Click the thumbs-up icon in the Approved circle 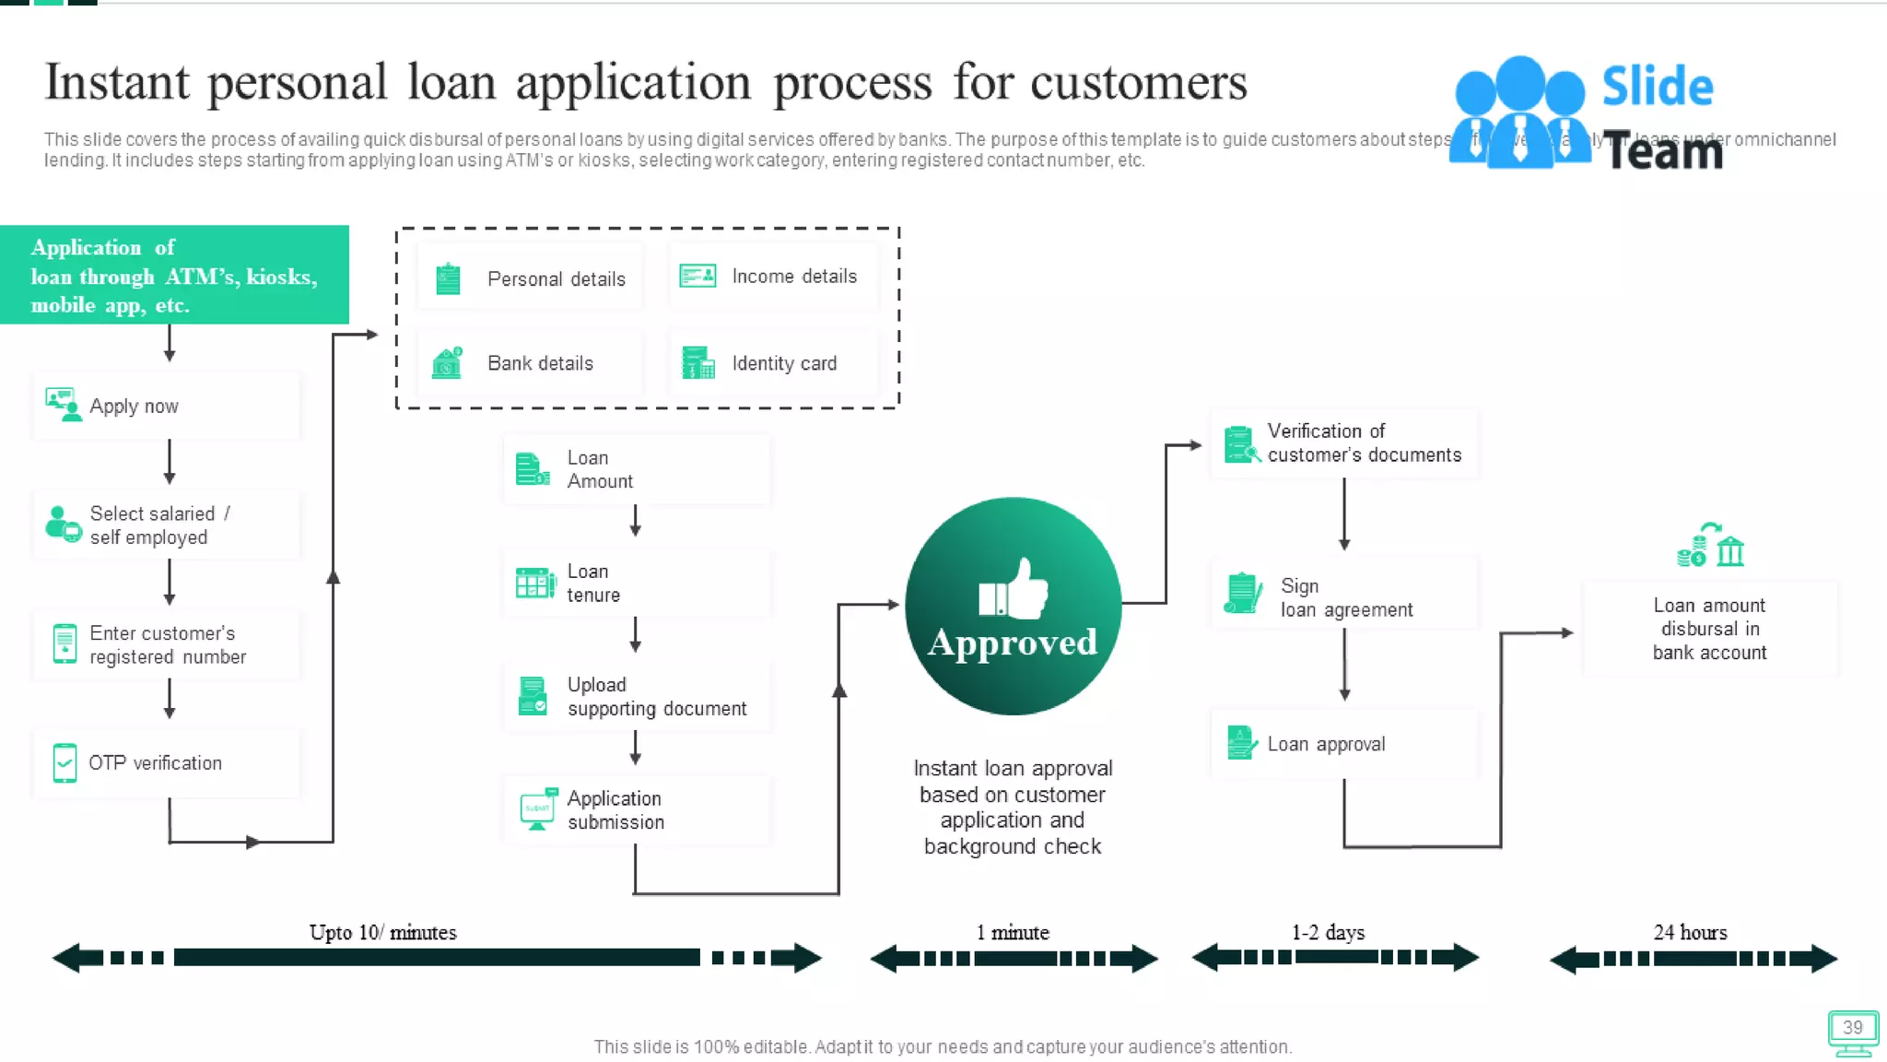tap(1014, 589)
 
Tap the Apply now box tap(167, 406)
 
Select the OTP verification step tap(167, 763)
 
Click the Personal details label tap(556, 278)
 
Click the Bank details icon tap(448, 363)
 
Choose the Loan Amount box tap(636, 470)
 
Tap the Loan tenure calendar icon tap(535, 583)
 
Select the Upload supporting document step tap(636, 697)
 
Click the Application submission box tap(636, 810)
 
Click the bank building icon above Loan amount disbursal tap(1730, 551)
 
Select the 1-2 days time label tap(1328, 932)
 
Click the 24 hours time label tap(1690, 932)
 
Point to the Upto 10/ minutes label tap(382, 932)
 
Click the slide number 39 tap(1852, 1027)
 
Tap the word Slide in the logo tap(1657, 87)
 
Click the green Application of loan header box tap(174, 275)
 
